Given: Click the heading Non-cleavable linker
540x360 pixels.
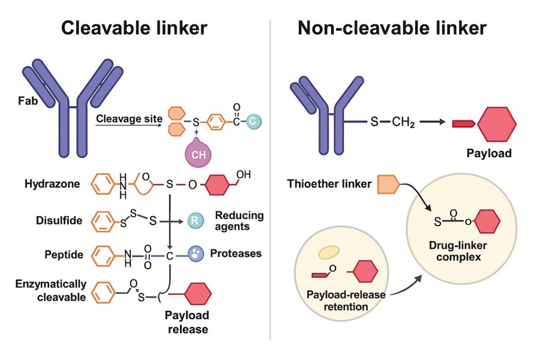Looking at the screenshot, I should (x=400, y=28).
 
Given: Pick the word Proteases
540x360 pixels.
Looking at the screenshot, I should (x=236, y=253).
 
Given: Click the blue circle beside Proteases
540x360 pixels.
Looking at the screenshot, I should (x=196, y=253).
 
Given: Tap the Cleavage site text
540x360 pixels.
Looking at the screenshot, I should (x=129, y=119).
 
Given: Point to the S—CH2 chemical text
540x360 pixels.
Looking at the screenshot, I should (x=388, y=122).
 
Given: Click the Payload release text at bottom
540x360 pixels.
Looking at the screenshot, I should (x=187, y=322).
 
